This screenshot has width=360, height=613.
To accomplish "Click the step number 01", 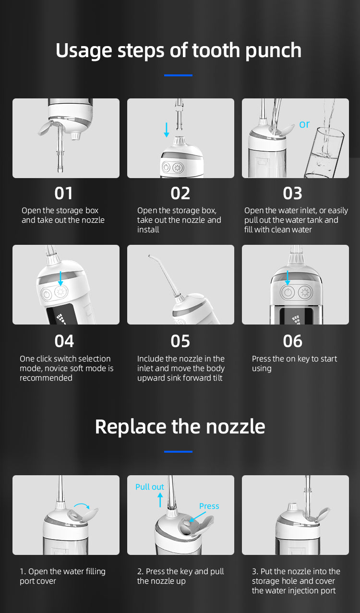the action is pyautogui.click(x=63, y=193).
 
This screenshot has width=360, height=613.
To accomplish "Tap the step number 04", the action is pyautogui.click(x=64, y=341).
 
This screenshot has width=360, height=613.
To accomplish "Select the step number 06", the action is pyautogui.click(x=292, y=341).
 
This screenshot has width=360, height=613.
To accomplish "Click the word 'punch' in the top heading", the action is pyautogui.click(x=273, y=50).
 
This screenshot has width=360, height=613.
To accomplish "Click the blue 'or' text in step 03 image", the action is pyautogui.click(x=304, y=124).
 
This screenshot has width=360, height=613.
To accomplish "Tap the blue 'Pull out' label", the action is pyautogui.click(x=150, y=487).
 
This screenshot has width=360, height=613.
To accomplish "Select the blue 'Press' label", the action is pyautogui.click(x=209, y=506).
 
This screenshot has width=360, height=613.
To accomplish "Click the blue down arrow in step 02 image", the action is pyautogui.click(x=167, y=130).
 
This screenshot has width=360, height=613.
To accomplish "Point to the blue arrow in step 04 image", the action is pyautogui.click(x=60, y=278).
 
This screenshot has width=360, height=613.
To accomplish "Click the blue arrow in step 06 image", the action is pyautogui.click(x=287, y=278).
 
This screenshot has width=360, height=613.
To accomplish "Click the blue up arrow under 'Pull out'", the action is pyautogui.click(x=160, y=500).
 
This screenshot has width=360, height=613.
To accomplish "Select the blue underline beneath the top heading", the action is pyautogui.click(x=178, y=75).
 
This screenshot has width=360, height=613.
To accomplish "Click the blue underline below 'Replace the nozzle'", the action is pyautogui.click(x=178, y=452).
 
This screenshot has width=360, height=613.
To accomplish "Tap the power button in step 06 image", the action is pyautogui.click(x=288, y=292).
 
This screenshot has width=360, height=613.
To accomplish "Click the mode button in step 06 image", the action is pyautogui.click(x=305, y=292).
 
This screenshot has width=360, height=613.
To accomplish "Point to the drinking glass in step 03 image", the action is pyautogui.click(x=324, y=153).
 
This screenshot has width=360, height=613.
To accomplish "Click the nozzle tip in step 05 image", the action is pyautogui.click(x=149, y=256).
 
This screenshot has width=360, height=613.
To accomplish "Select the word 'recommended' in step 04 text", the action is pyautogui.click(x=46, y=378).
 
